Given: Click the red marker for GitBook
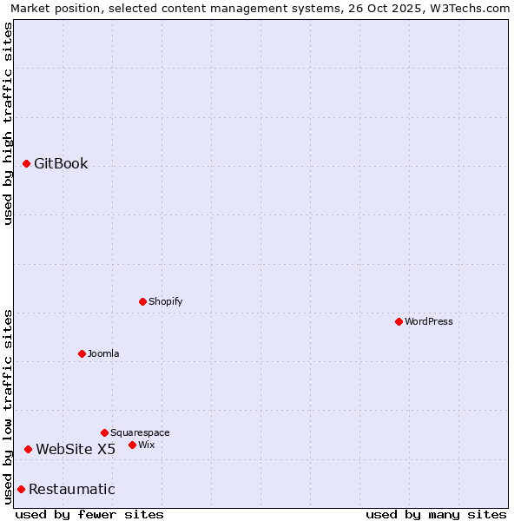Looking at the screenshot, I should pyautogui.click(x=26, y=163).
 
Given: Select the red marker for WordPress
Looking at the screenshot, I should pyautogui.click(x=399, y=321).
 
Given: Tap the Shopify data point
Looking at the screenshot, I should pyautogui.click(x=142, y=301).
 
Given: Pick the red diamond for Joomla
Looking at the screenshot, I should pyautogui.click(x=82, y=353).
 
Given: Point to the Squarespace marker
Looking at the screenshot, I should pyautogui.click(x=104, y=432).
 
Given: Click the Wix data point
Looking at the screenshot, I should pyautogui.click(x=132, y=445).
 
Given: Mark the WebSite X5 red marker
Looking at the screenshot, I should pyautogui.click(x=28, y=449).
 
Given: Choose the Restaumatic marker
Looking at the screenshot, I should pyautogui.click(x=21, y=489).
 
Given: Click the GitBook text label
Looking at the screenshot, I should pyautogui.click(x=61, y=163).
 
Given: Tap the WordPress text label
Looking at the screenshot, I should pyautogui.click(x=429, y=321).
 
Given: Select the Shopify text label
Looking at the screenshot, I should pyautogui.click(x=165, y=301).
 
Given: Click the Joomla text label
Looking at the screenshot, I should pyautogui.click(x=103, y=353).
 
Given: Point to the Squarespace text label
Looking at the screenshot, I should pyautogui.click(x=140, y=432).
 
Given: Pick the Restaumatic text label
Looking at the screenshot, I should pyautogui.click(x=72, y=489).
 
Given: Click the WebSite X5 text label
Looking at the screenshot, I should pyautogui.click(x=76, y=449).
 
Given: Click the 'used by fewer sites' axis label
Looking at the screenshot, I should pyautogui.click(x=89, y=514).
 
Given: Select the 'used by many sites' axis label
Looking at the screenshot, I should pyautogui.click(x=436, y=514).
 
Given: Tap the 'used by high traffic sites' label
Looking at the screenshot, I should pyautogui.click(x=8, y=123).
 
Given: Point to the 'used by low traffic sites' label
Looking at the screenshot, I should pyautogui.click(x=8, y=406).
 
